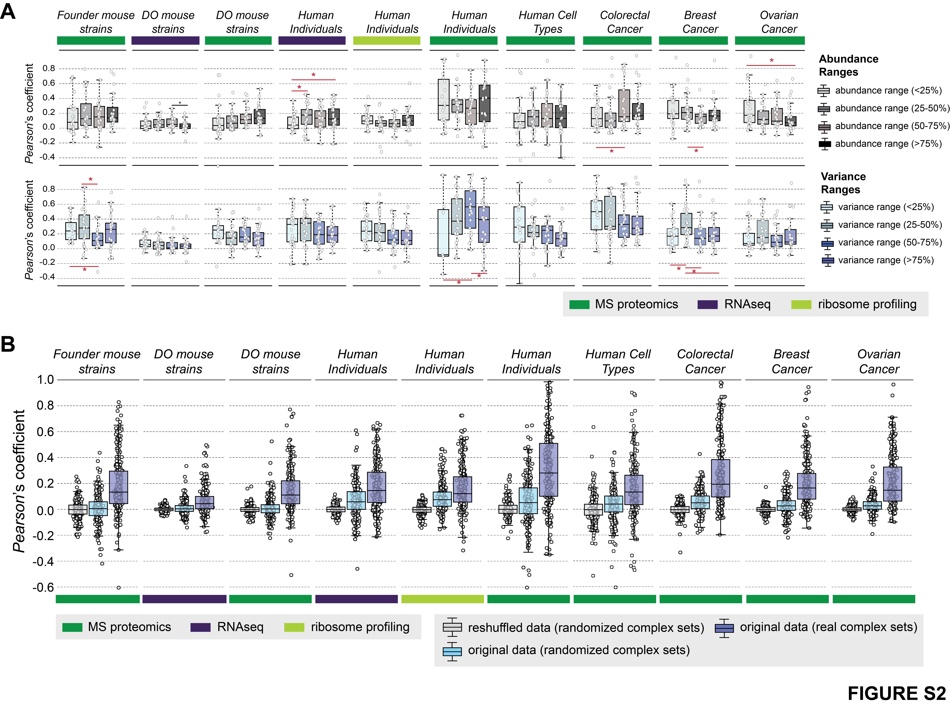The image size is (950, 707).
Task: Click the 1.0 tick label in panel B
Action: click(45, 380)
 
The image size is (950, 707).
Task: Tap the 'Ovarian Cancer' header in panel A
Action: click(779, 22)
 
